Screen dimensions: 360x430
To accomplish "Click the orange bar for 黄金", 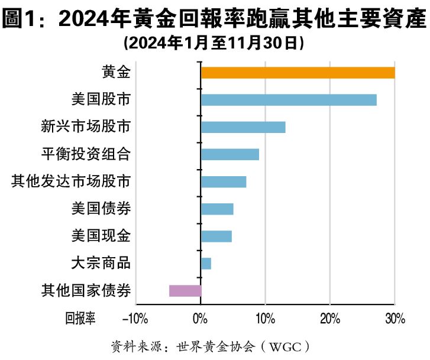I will point(298,73).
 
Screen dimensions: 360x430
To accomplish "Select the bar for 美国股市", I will point(289,100).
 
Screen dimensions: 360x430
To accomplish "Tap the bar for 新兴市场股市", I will point(243,127).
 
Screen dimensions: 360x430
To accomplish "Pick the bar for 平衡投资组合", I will point(230,154).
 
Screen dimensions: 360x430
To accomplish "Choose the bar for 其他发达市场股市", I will point(224,181).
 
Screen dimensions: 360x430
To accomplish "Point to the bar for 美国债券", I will point(217,209).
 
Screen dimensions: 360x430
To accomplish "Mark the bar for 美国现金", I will point(216,236).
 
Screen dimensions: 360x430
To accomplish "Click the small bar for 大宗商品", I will point(206,263).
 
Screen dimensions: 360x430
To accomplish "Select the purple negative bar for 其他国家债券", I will point(185,290).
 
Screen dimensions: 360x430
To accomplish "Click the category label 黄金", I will point(116,73).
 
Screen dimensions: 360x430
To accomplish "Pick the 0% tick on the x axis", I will point(201,320).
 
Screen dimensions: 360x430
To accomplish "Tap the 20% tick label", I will point(329,320).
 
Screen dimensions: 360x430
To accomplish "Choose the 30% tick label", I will point(395,320).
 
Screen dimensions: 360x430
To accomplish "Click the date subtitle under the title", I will point(214,43).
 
